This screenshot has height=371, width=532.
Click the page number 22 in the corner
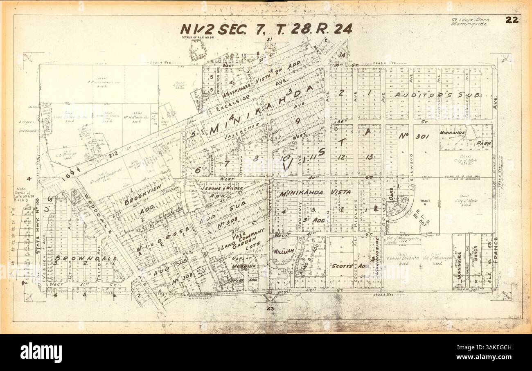(x=512, y=20)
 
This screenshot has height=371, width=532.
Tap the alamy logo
(x=41, y=352)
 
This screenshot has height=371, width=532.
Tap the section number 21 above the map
(x=269, y=40)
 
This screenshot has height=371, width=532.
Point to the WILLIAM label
(x=284, y=251)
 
